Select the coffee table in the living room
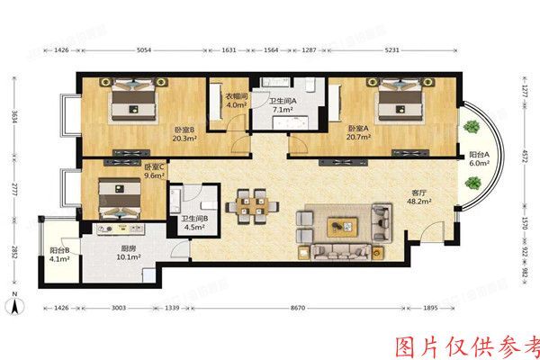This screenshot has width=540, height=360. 342,225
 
